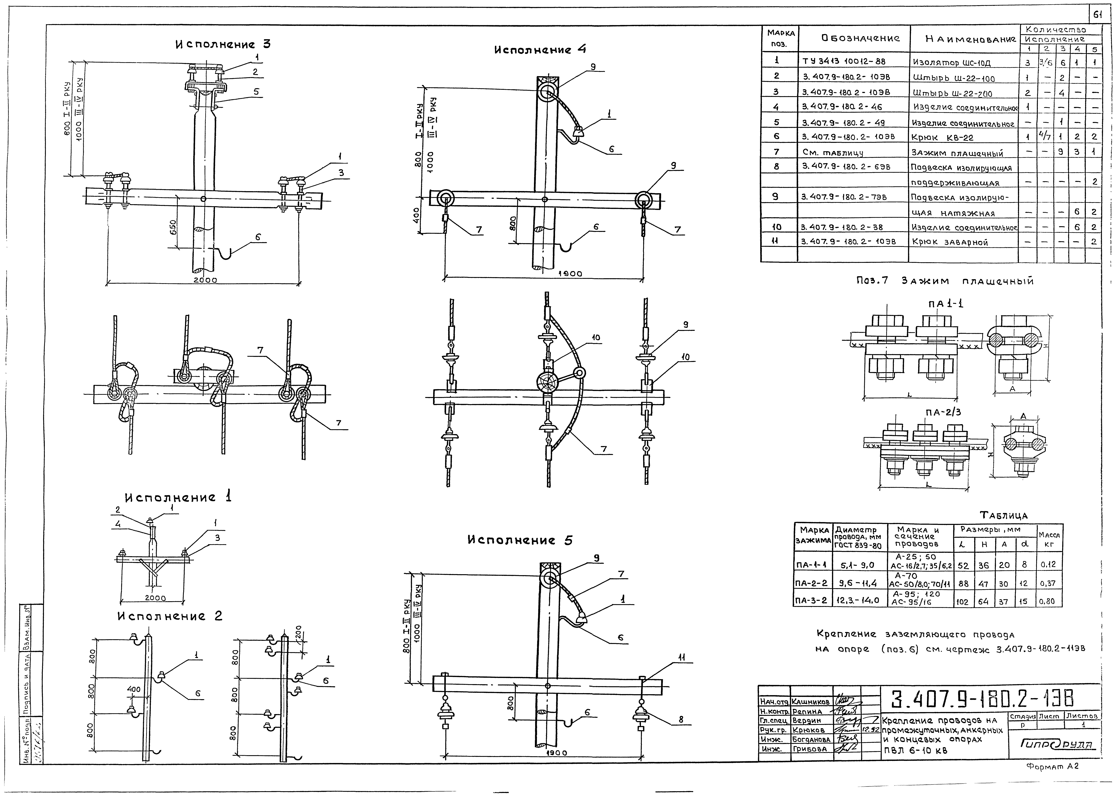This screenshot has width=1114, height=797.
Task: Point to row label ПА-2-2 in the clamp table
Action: [x=812, y=584]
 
